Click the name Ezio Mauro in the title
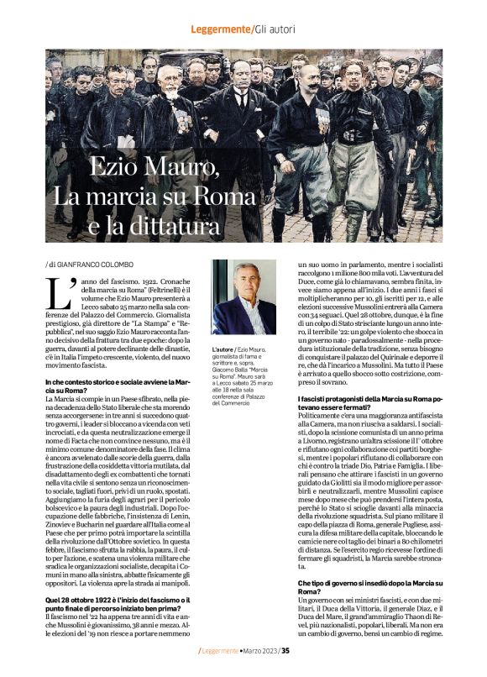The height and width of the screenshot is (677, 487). coord(153,167)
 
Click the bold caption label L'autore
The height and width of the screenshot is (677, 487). coord(223,349)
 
